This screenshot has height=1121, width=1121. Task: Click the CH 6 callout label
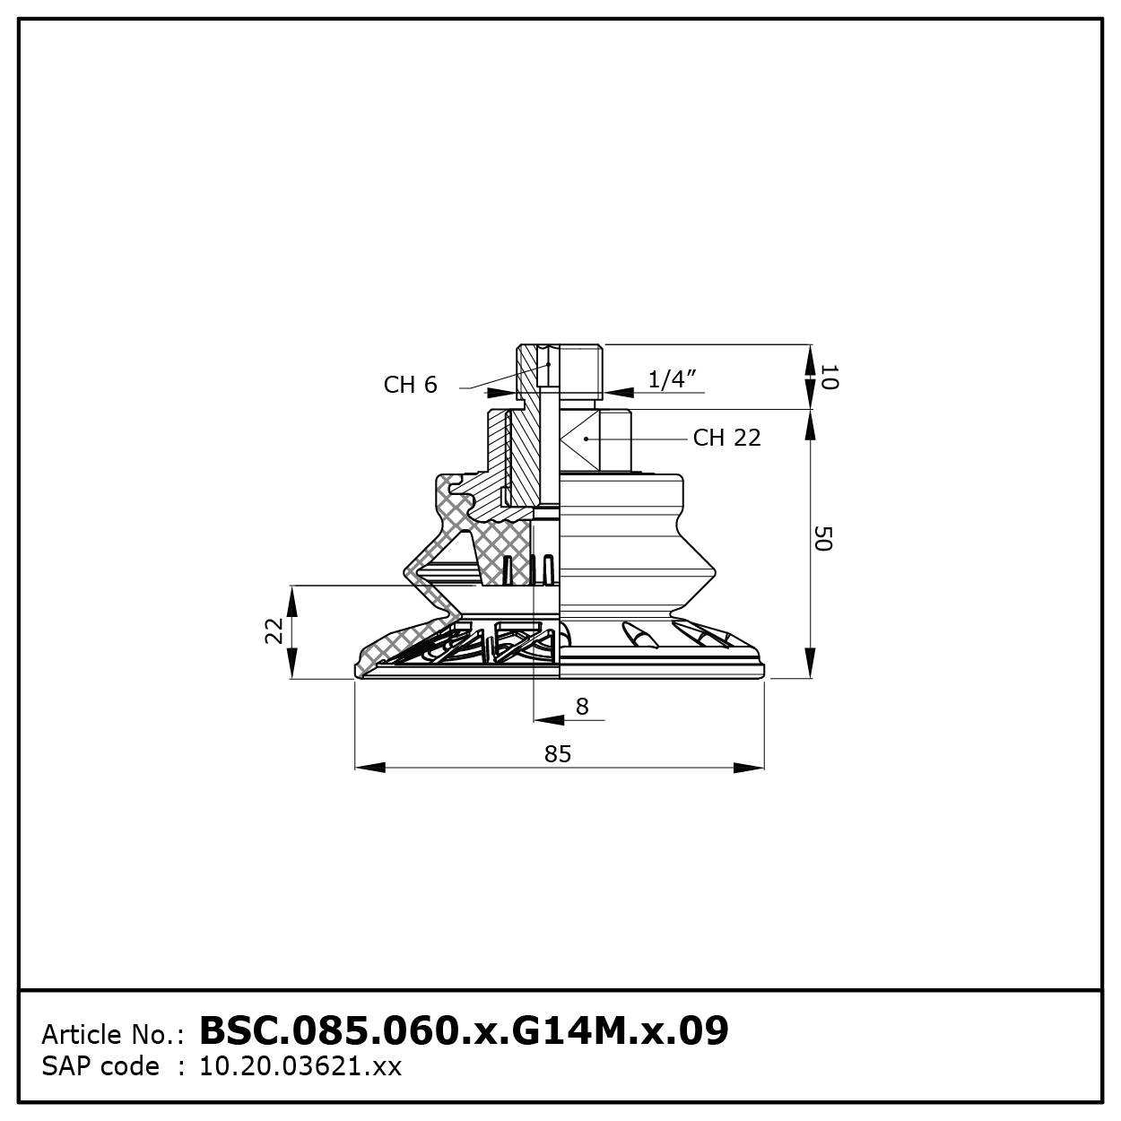pyautogui.click(x=410, y=385)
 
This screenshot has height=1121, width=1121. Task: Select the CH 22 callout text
pyautogui.click(x=726, y=438)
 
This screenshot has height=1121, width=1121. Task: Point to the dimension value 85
pyautogui.click(x=558, y=754)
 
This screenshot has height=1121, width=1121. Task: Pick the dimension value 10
pyautogui.click(x=829, y=377)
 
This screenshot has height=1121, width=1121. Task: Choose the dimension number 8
pyautogui.click(x=582, y=706)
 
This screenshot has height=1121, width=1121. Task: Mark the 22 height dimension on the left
pyautogui.click(x=274, y=630)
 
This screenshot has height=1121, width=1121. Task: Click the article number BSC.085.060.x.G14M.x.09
pyautogui.click(x=464, y=1030)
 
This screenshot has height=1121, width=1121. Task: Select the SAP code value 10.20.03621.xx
pyautogui.click(x=300, y=1066)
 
